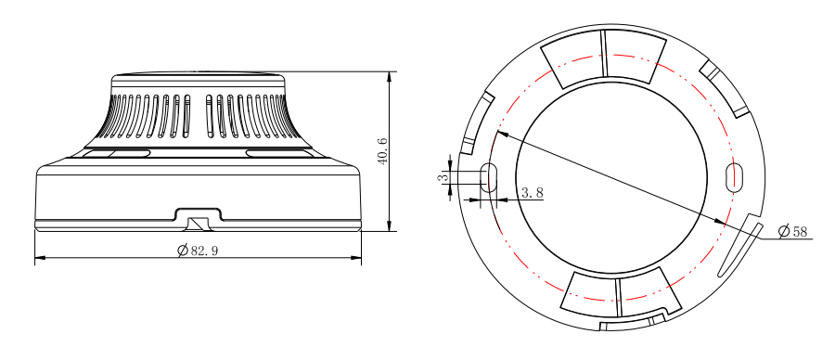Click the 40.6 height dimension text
[x=383, y=151]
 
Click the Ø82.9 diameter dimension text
[x=198, y=251]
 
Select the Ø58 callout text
[x=793, y=231]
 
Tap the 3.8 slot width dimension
[x=532, y=193]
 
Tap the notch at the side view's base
[x=199, y=219]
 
